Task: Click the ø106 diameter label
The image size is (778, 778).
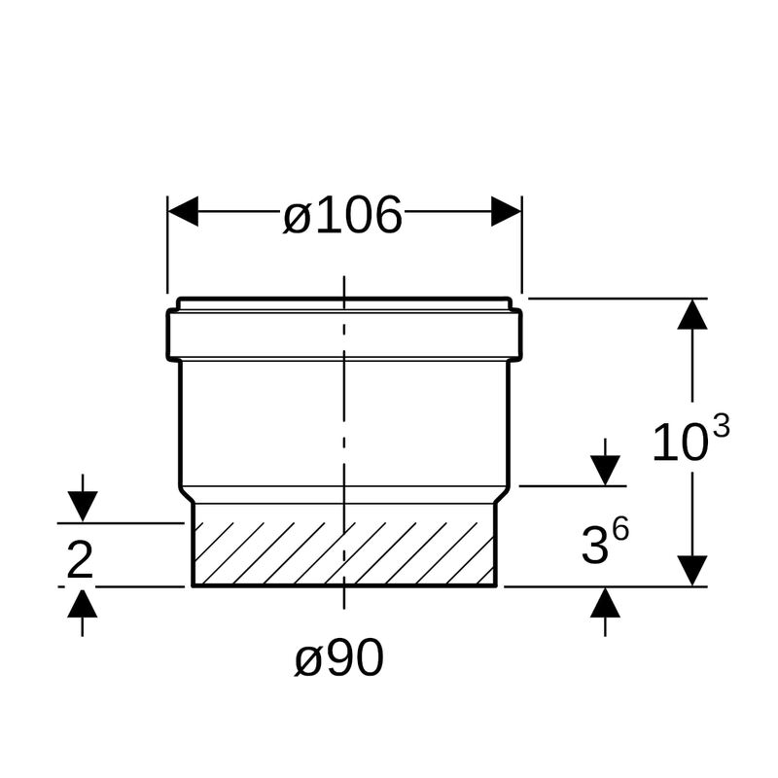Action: [342, 215]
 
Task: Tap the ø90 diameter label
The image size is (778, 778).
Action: [339, 657]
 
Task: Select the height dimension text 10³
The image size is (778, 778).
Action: [690, 439]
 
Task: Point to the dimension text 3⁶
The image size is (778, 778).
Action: [605, 541]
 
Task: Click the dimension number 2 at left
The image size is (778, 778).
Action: [80, 560]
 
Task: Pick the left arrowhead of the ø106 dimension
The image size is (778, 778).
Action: [183, 211]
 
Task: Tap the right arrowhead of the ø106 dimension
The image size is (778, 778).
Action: [506, 211]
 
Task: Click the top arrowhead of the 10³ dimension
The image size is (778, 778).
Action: [692, 314]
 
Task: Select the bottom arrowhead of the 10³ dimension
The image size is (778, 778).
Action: [692, 571]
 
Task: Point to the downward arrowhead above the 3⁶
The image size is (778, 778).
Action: [605, 471]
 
